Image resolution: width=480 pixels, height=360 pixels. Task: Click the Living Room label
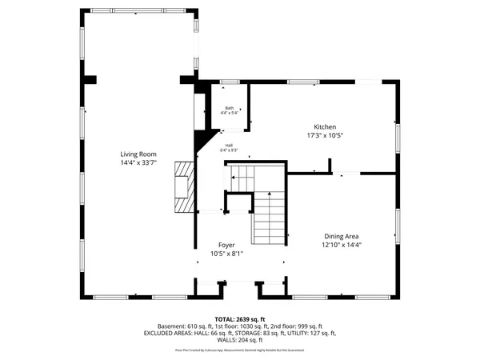pos(138,154)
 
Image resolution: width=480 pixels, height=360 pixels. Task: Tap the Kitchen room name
pos(324,127)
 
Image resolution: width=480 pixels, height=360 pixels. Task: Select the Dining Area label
pos(342,236)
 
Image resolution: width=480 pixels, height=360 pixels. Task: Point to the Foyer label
pos(227,245)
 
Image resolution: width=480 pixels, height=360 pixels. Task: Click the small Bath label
pos(229,108)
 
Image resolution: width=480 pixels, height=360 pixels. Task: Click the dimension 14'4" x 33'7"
pos(138,162)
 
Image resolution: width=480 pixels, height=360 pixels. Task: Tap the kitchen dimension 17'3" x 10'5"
pos(324,136)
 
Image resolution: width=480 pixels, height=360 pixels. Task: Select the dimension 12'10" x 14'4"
pos(342,245)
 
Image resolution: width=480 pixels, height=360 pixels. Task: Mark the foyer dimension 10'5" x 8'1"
pos(227,254)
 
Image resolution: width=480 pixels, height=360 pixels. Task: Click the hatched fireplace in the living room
pos(185,188)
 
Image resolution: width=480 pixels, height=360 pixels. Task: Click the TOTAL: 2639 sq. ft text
pos(239,318)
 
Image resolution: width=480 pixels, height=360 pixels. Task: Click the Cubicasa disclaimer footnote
pos(239,350)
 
